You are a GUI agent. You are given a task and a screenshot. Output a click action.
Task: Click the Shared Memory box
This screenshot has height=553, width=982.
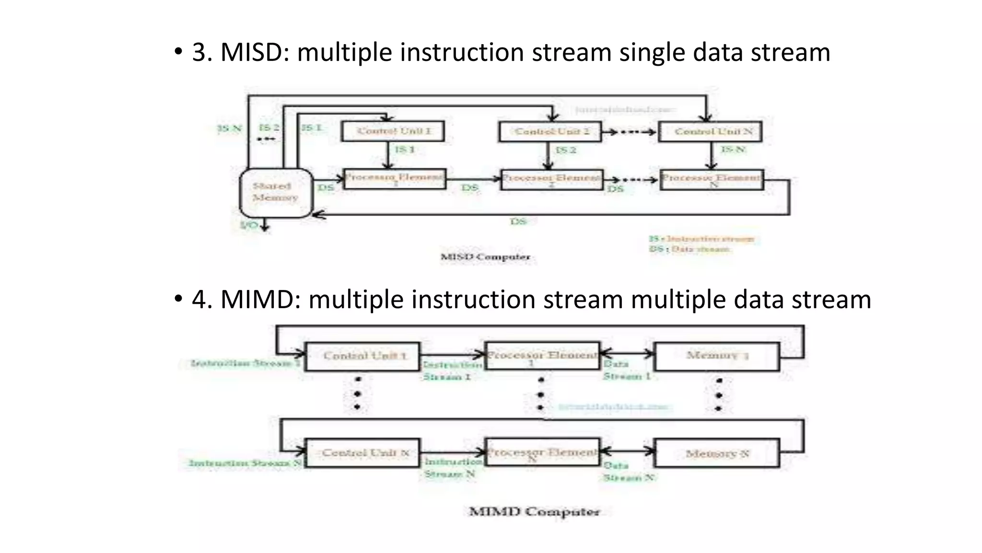(276, 192)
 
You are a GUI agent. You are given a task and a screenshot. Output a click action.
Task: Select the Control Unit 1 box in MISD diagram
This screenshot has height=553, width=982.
(393, 131)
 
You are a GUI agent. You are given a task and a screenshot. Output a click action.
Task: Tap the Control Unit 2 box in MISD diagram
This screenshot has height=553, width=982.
(550, 132)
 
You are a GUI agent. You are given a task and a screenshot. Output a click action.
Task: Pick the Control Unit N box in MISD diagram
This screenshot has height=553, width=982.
(710, 132)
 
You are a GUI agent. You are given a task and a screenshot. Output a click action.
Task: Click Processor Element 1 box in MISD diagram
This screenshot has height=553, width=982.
(395, 179)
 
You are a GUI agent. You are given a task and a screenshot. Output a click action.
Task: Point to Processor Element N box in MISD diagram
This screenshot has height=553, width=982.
(712, 180)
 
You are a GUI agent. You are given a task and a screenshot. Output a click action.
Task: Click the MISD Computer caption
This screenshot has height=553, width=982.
(485, 257)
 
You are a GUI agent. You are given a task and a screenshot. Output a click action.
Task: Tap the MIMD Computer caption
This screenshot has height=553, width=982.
(534, 512)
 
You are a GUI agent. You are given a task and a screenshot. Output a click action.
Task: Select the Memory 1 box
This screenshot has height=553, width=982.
(717, 357)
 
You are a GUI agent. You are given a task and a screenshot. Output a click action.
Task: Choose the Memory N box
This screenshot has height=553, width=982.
(717, 453)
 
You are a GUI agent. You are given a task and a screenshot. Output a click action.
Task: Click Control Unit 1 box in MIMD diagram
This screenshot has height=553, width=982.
(362, 357)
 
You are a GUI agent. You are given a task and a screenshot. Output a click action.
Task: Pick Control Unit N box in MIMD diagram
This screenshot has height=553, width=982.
(362, 453)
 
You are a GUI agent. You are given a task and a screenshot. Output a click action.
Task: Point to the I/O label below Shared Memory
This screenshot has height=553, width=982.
(249, 225)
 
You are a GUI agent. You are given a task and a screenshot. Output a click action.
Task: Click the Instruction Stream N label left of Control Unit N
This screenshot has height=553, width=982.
(245, 463)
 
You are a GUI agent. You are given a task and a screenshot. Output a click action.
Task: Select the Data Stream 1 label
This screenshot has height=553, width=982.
(626, 370)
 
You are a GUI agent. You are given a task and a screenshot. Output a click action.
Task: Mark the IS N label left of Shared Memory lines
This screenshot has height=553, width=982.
(229, 129)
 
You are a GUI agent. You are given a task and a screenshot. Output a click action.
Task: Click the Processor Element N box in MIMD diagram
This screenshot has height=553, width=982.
(542, 452)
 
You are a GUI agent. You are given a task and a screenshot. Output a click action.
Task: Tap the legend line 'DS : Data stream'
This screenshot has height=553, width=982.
(690, 249)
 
